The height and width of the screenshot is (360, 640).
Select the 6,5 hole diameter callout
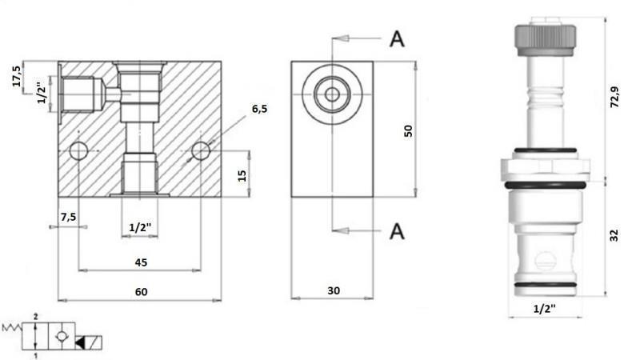(259, 109)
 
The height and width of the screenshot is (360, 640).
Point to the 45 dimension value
(141, 262)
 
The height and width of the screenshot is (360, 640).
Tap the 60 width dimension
(141, 292)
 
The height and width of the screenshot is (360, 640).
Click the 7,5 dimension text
(67, 217)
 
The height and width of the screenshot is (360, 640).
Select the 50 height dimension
(408, 130)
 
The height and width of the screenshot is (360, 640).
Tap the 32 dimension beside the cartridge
(614, 235)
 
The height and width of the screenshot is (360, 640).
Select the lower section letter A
(397, 232)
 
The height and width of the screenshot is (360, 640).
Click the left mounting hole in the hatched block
(78, 150)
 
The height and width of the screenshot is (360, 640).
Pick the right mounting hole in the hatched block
(201, 150)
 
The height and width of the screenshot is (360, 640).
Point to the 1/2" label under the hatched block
(141, 228)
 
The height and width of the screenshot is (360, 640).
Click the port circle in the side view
(331, 94)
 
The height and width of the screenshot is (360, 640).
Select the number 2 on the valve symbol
(36, 318)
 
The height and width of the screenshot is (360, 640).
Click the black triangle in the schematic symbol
(82, 342)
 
